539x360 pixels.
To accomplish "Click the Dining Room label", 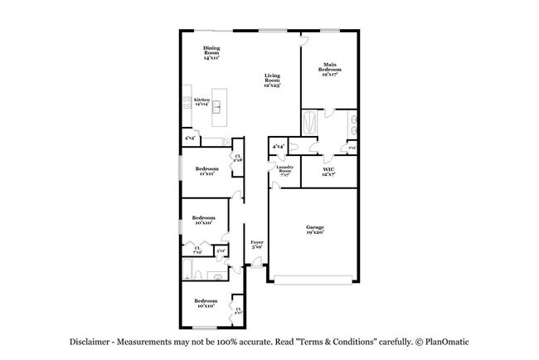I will coord(211,54).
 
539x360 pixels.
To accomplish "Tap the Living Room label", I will coord(272,80).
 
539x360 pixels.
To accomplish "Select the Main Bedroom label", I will coord(329,68).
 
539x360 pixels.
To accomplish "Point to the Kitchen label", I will coord(202,101).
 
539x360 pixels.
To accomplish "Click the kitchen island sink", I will coord(216,106).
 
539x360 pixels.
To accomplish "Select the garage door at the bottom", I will coord(316,281).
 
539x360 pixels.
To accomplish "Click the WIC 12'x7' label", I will coord(329,173).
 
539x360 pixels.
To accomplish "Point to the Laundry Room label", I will coord(284,172).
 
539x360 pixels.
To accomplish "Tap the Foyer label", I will coord(257,244).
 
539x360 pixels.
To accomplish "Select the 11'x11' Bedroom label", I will coord(207,172).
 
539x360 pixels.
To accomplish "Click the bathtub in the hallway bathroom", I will coord(190,270).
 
